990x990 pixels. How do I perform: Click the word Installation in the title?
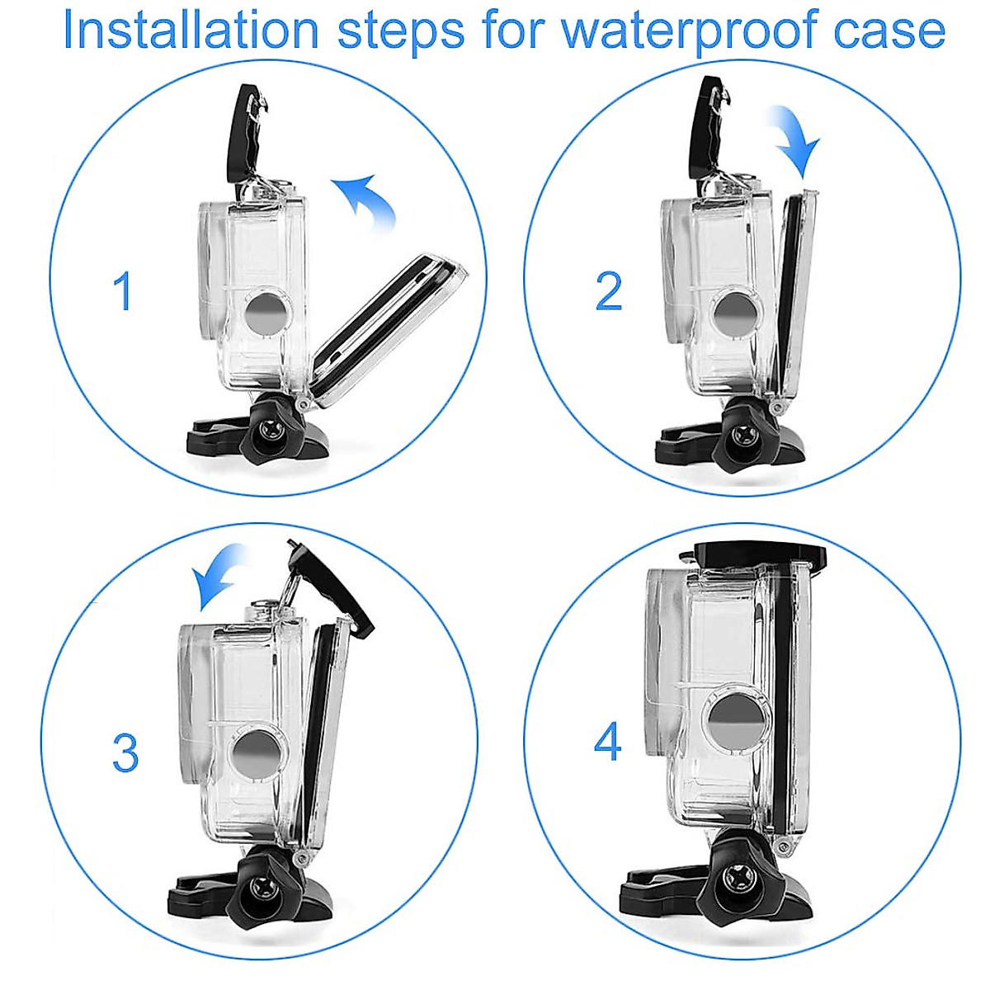pos(191,31)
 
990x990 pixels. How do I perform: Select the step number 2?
pos(608,291)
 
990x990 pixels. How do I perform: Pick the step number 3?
pos(125,753)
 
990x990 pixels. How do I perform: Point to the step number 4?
pos(608,742)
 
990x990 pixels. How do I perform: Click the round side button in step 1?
pos(266,313)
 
